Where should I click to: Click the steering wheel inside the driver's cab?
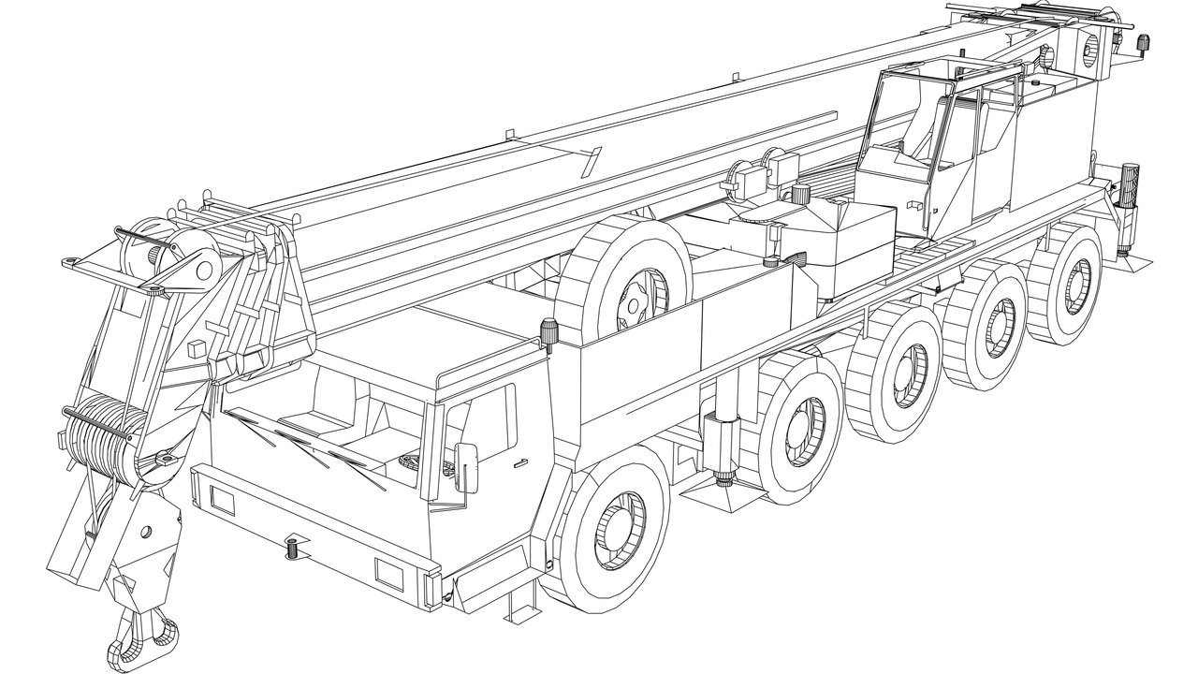pos(409,462)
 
